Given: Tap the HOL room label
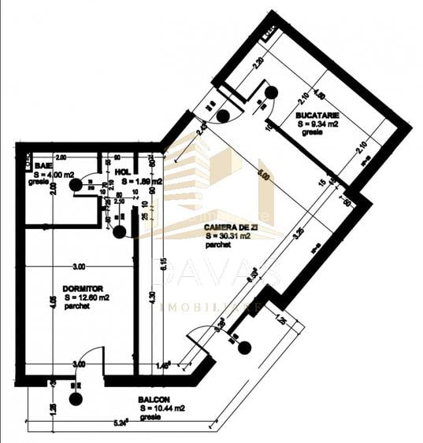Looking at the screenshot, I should (x=122, y=171).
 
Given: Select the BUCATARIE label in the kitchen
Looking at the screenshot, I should (x=316, y=114).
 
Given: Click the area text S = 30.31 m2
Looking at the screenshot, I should (x=228, y=235).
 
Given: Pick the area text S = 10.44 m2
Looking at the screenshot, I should (x=162, y=408).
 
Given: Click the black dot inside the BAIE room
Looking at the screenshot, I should (x=75, y=185).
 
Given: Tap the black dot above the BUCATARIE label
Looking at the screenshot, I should (x=271, y=92).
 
